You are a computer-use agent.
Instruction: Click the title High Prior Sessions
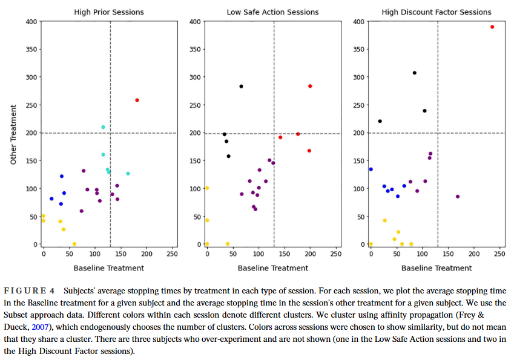click(x=108, y=12)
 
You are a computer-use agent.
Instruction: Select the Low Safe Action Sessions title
click(x=272, y=12)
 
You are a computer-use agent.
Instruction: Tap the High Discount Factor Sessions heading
click(x=437, y=12)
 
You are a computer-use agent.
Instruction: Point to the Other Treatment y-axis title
click(x=13, y=134)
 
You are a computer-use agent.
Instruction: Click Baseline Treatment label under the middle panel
click(x=272, y=267)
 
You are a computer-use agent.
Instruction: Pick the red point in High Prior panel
click(x=137, y=100)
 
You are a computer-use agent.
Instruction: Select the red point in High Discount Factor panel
click(x=492, y=27)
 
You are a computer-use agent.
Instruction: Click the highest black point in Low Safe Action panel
click(x=241, y=87)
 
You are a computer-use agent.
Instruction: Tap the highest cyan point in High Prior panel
click(x=103, y=127)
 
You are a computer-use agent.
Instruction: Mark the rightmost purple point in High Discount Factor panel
click(x=458, y=197)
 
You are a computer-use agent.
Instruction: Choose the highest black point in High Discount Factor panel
click(x=415, y=73)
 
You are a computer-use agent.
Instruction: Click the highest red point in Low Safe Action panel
click(x=310, y=86)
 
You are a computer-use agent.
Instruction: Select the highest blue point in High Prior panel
click(x=62, y=177)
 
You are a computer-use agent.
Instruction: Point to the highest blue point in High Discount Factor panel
click(x=371, y=169)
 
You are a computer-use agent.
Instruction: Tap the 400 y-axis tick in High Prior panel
click(x=30, y=22)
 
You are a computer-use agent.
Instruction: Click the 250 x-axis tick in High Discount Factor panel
click(x=499, y=254)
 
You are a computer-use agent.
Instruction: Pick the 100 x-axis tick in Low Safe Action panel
click(x=259, y=254)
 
